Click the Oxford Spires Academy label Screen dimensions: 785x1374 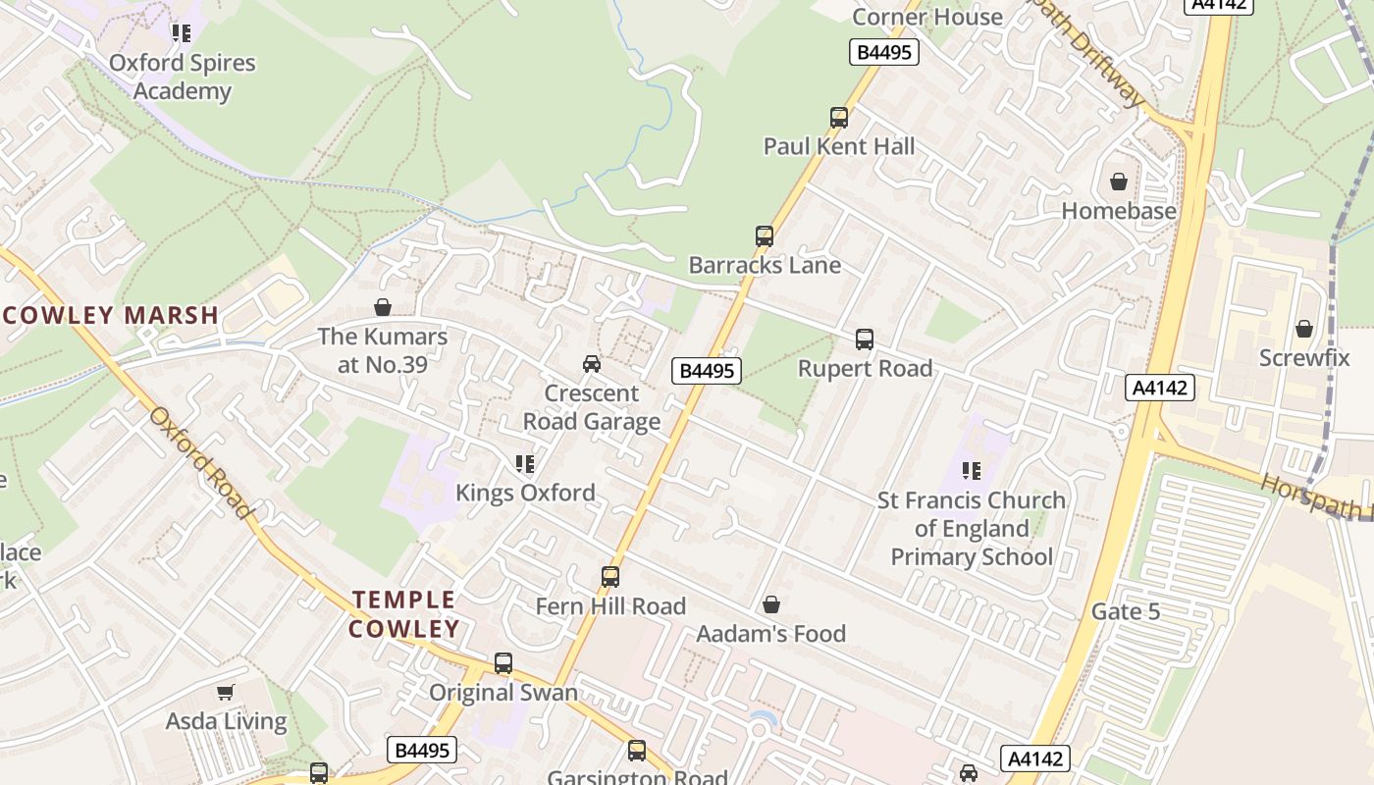182,77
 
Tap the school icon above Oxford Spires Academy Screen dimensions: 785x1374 182,33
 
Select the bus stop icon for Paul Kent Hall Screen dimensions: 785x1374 839,118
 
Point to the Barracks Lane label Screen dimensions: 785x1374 765,265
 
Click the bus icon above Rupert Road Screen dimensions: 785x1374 865,340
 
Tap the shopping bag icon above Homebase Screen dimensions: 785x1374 1118,182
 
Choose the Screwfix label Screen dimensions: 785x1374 1304,357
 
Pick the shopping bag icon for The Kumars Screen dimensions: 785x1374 383,308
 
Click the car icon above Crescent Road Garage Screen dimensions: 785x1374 592,364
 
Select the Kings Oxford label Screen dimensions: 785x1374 525,492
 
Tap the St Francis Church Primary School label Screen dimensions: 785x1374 971,528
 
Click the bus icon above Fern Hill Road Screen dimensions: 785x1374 610,577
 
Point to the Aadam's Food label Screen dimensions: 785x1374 770,634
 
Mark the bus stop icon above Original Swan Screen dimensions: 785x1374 503,663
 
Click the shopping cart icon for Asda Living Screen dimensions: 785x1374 226,692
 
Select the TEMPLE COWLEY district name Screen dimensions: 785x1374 404,614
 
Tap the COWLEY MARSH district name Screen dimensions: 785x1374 110,315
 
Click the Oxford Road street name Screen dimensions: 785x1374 201,461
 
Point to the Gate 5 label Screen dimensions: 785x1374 1126,612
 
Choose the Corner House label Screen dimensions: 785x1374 926,17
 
